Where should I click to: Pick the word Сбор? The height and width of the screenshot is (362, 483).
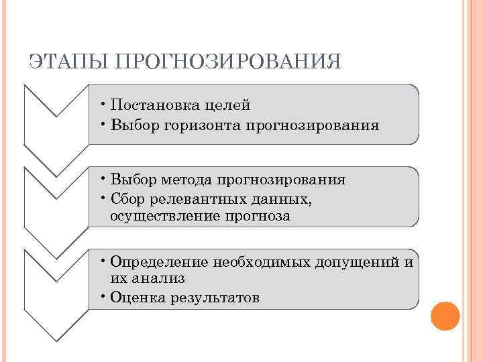pos(129,198)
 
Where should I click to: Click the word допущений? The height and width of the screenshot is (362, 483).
pos(358,261)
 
